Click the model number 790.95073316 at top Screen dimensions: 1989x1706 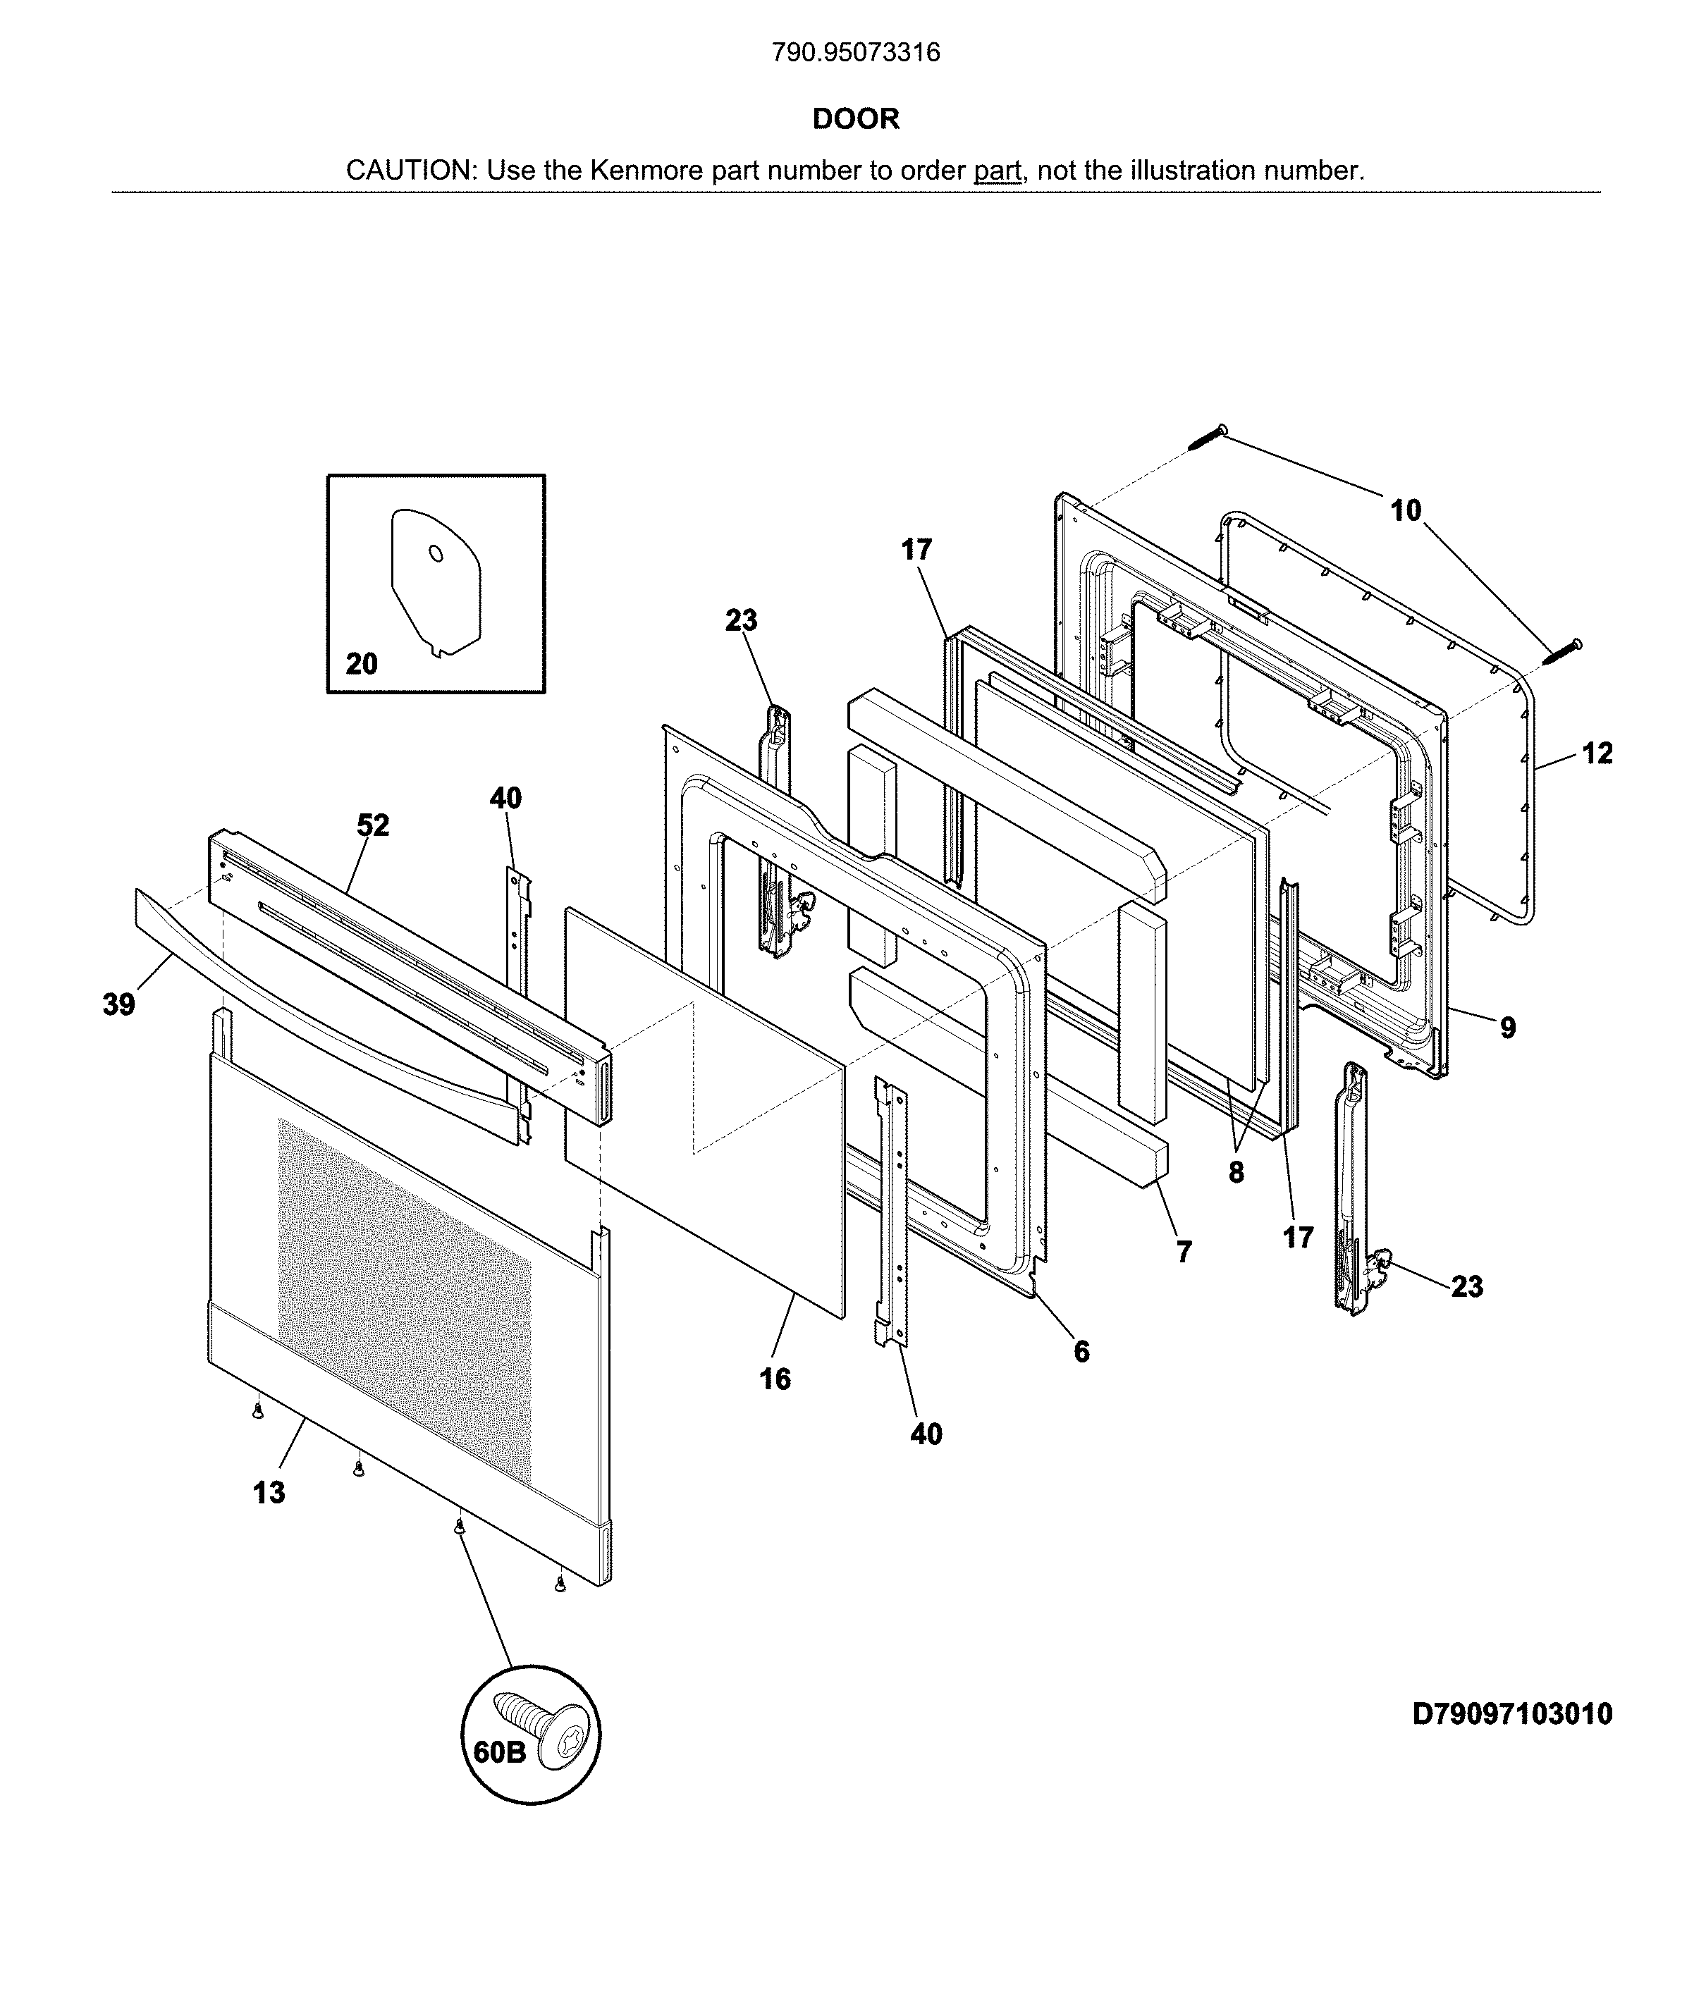tap(855, 53)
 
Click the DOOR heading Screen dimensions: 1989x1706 tap(855, 119)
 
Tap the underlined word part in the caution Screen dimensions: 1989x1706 tap(998, 171)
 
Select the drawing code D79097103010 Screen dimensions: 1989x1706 tap(1511, 1713)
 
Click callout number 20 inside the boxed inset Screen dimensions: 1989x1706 tap(361, 663)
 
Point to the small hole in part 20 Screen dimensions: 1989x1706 tap(435, 554)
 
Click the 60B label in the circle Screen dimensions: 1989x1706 tap(499, 1752)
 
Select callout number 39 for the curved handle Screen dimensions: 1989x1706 tap(119, 1005)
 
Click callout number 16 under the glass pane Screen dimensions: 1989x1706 tap(775, 1379)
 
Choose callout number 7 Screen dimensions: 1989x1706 tap(1184, 1252)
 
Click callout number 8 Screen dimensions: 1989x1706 tap(1236, 1172)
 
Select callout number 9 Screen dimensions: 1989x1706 tap(1507, 1028)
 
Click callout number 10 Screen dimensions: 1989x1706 tap(1406, 511)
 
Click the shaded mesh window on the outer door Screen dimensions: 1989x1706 tap(403, 1296)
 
